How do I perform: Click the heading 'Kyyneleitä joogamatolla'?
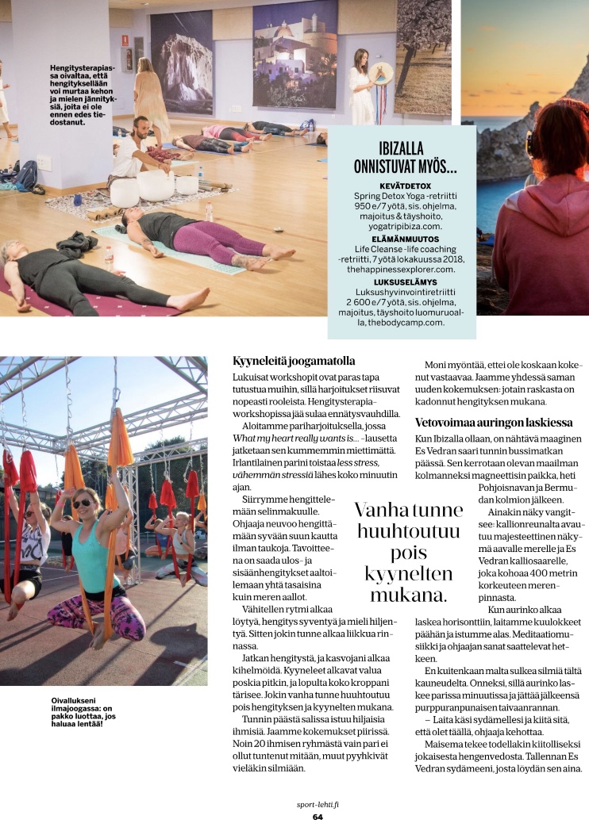[x=294, y=361]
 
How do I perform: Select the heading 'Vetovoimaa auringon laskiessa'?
[x=492, y=423]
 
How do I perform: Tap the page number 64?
[x=317, y=817]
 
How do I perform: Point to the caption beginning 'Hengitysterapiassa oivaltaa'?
[x=83, y=95]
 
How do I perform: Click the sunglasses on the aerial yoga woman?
[x=82, y=503]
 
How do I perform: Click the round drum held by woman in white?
[x=381, y=72]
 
